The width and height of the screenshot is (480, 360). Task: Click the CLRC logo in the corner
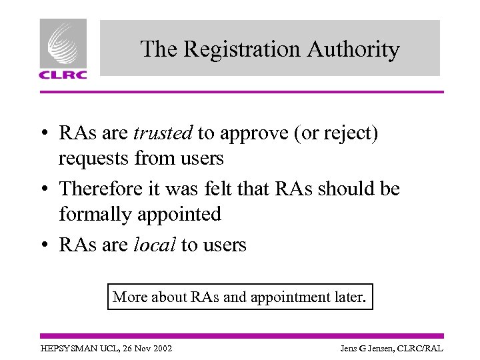63,49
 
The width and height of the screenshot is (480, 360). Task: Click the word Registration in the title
241,49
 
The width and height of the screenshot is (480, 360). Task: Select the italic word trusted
163,133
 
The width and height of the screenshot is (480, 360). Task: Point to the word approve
254,135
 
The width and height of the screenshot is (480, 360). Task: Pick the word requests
93,159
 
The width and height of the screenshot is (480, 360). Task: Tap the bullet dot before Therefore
43,189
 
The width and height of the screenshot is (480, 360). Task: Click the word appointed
185,214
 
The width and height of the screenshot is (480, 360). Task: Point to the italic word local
154,245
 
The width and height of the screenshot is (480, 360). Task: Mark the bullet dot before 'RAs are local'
43,245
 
